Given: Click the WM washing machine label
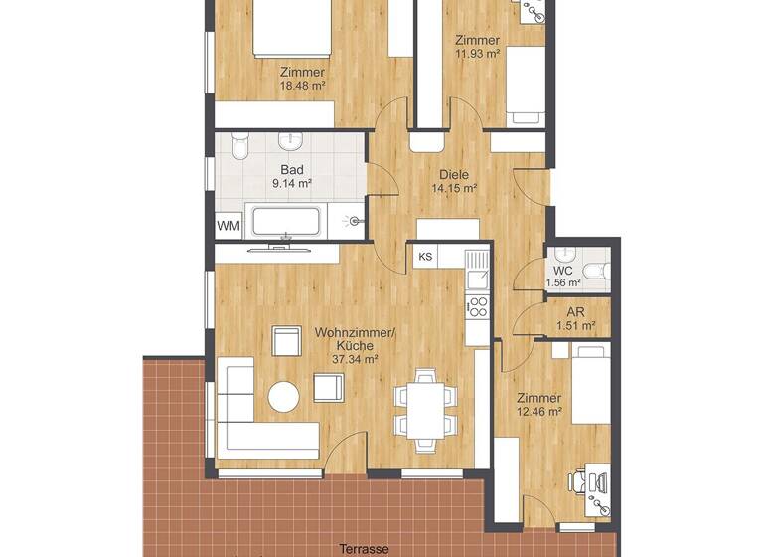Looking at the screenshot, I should point(229,226).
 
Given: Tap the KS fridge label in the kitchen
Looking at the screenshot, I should point(425,257).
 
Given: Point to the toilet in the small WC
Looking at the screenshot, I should point(594,271).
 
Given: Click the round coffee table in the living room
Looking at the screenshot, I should point(283,398).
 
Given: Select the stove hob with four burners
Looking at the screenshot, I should point(477,305).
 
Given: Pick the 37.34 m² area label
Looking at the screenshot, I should point(355,360).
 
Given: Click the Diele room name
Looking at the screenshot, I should point(454,174).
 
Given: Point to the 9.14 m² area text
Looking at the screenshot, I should point(291,183).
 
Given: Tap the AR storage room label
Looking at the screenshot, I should point(575,311).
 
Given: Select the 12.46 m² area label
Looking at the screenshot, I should point(539,411).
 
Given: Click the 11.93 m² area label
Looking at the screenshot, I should point(477,54).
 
